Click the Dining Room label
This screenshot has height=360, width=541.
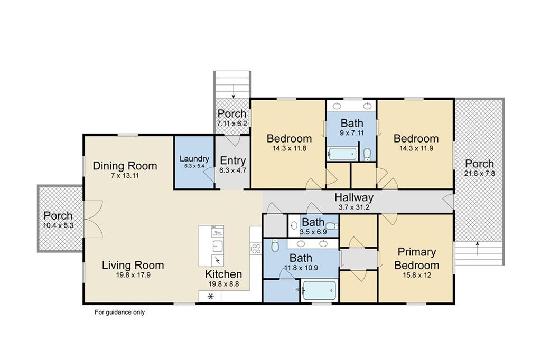[x=125, y=166]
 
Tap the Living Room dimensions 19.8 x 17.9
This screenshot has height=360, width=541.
[x=133, y=274]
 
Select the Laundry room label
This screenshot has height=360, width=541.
[x=194, y=159]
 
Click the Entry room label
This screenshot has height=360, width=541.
[x=232, y=161]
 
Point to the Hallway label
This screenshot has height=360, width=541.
[x=354, y=197]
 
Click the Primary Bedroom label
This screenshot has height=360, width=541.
[x=417, y=258]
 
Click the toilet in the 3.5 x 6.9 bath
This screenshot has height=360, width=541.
[x=330, y=226]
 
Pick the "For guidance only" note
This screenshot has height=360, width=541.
[x=119, y=312]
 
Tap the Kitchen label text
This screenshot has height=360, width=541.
[x=223, y=274]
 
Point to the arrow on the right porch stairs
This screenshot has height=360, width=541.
[x=478, y=244]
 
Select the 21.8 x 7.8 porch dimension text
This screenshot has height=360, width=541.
[x=480, y=174]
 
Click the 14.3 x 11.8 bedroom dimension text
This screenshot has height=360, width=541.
[x=288, y=148]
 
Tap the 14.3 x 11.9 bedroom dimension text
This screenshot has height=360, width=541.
[x=416, y=148]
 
